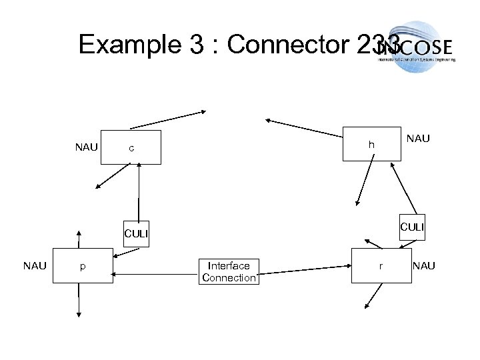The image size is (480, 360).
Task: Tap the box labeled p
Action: (83, 266)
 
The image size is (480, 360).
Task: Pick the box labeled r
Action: (380, 265)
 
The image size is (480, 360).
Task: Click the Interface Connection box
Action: (229, 271)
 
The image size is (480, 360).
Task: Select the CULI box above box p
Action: (136, 233)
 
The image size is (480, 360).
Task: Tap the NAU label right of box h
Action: (419, 139)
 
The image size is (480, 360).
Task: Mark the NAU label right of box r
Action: (424, 266)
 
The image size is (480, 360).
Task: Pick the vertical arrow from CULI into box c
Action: (139, 193)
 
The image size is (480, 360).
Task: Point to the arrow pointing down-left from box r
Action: (373, 297)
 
